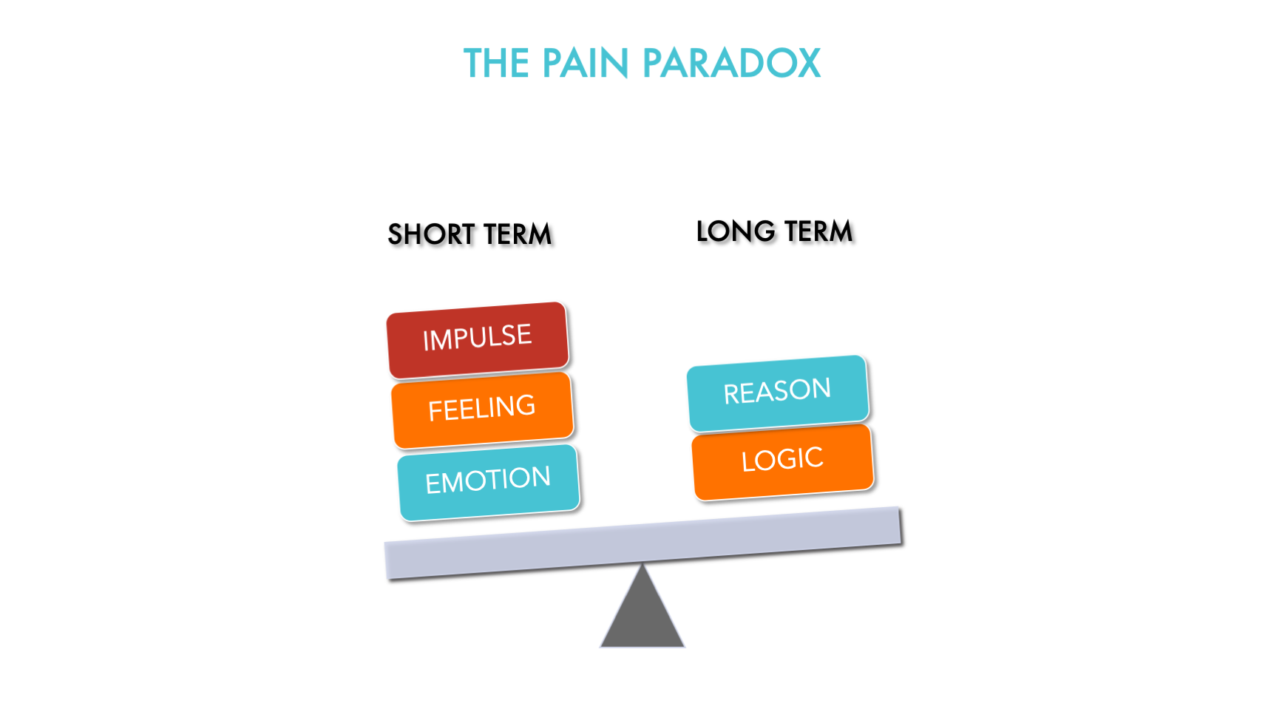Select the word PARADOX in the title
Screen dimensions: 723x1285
tap(731, 64)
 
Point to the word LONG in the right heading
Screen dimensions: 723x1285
tap(736, 231)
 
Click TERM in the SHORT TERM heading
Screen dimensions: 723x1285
tap(518, 234)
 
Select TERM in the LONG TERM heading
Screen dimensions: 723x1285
tap(818, 231)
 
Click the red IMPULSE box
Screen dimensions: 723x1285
tap(478, 339)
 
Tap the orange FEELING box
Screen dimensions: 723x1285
tap(482, 409)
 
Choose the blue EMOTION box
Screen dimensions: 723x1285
tap(488, 481)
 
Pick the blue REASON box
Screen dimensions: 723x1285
tap(777, 392)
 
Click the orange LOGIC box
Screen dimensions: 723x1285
tap(782, 461)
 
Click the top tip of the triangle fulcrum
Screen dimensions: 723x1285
tap(642, 567)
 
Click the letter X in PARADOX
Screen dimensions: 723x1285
tap(807, 64)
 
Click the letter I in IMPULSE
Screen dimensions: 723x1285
tap(425, 342)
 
